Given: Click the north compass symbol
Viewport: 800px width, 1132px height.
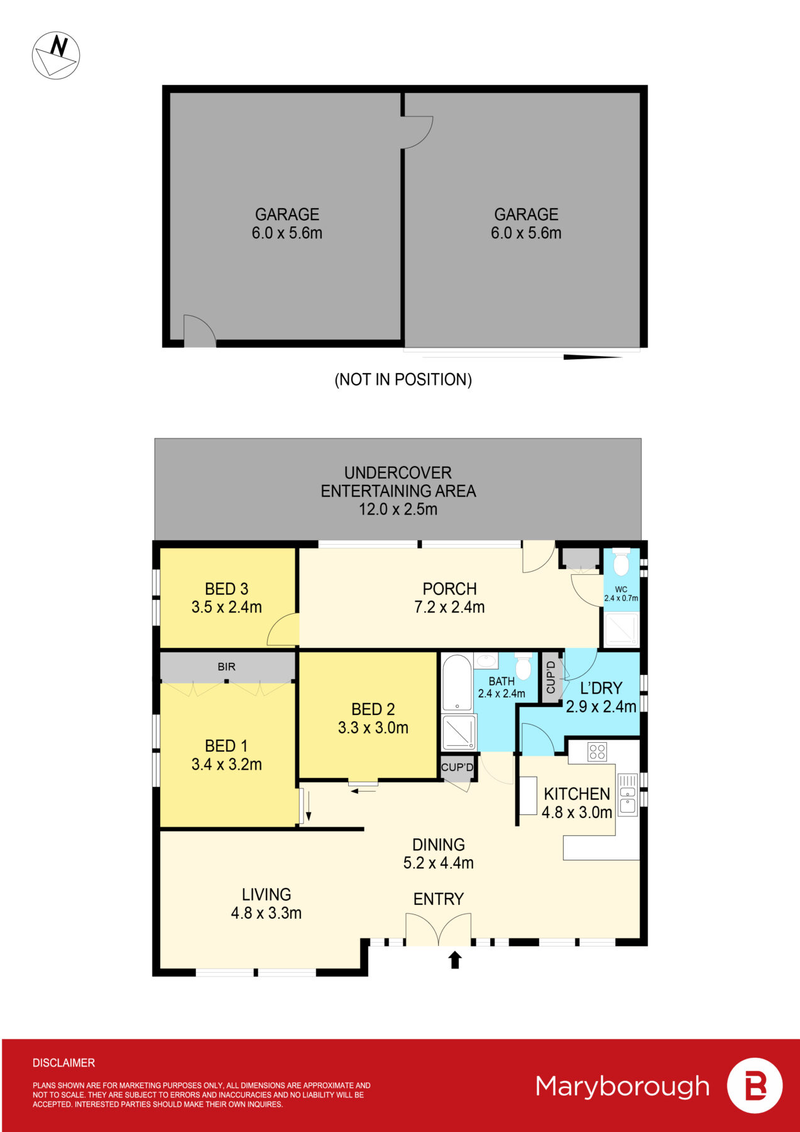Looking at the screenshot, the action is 56,55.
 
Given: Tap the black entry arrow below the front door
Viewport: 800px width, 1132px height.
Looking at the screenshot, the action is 455,960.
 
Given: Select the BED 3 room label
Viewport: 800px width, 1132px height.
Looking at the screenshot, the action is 226,589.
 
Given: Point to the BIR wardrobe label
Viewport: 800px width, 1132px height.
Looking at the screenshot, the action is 226,667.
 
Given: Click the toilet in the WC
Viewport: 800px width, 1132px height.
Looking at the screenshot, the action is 621,562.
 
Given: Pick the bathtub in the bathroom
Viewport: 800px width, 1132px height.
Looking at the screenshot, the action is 457,683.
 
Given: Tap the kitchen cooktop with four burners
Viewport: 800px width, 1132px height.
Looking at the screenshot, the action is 597,752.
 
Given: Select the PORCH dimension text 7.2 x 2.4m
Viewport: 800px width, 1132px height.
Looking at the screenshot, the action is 449,608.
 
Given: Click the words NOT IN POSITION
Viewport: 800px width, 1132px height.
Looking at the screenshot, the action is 403,380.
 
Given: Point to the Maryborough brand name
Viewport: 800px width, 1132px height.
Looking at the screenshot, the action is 622,1086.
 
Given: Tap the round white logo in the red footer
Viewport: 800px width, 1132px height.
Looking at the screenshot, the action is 755,1086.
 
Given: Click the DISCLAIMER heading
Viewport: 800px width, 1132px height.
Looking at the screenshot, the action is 63,1063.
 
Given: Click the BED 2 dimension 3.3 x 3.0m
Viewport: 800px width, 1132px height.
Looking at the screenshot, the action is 373,728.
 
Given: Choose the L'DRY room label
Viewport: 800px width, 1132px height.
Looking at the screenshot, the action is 601,688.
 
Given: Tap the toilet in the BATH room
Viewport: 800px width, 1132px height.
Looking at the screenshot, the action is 523,667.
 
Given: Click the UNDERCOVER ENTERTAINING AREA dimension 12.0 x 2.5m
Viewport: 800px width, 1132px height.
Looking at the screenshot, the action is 398,509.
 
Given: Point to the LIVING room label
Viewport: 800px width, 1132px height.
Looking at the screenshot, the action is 266,894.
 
